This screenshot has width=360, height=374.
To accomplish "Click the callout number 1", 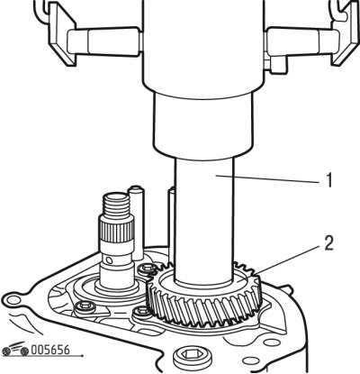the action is (329, 180).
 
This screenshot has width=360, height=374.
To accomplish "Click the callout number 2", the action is (328, 243).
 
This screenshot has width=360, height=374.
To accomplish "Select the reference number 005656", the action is (50, 350).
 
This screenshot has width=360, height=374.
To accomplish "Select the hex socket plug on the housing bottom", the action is (193, 357).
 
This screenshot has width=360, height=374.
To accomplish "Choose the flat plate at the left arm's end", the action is (61, 35).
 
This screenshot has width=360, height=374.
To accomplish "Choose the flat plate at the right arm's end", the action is (345, 35).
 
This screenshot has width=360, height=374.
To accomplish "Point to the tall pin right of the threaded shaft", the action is (136, 223).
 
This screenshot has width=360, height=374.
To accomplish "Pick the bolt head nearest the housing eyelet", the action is (85, 307).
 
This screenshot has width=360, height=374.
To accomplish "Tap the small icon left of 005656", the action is (15, 349).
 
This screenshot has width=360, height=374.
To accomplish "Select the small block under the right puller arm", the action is (275, 66).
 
